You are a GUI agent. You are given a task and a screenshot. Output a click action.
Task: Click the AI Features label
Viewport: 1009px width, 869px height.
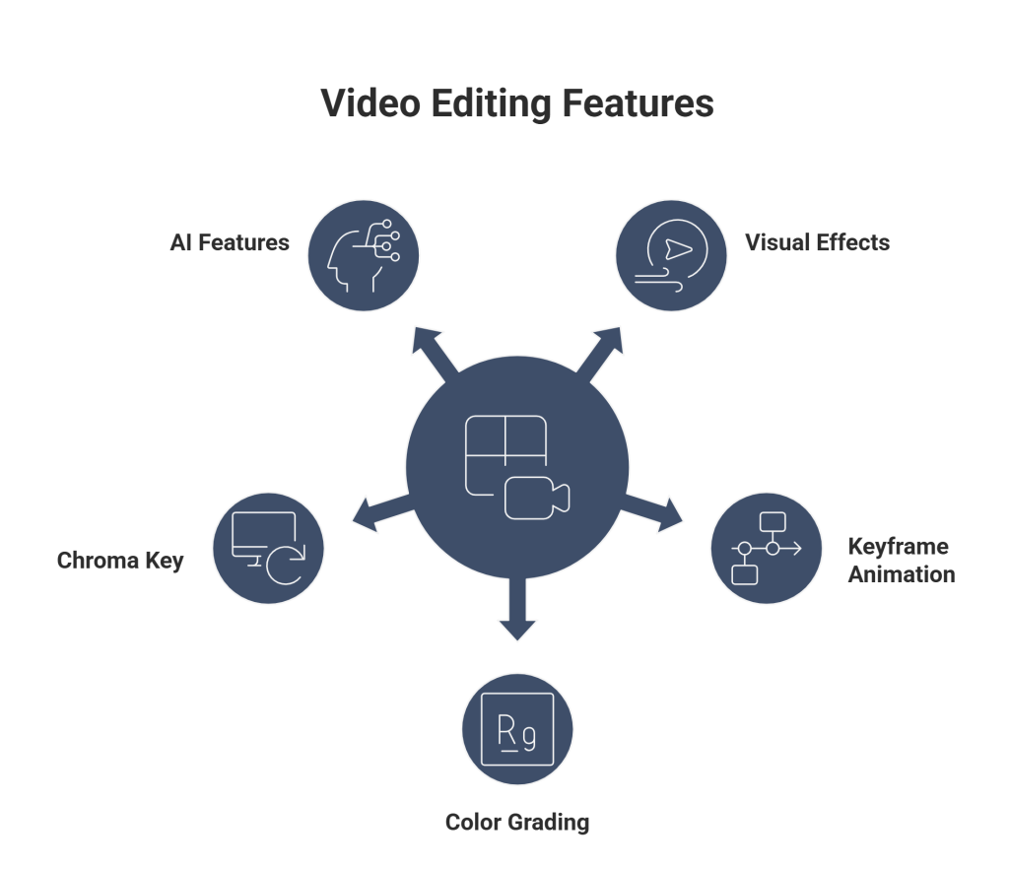(x=230, y=242)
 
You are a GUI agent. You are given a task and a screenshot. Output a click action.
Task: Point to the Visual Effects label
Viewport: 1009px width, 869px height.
(x=818, y=242)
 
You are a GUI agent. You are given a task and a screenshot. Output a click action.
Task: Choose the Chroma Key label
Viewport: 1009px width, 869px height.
(x=120, y=562)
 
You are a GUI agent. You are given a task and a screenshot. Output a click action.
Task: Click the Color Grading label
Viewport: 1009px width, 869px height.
(x=517, y=822)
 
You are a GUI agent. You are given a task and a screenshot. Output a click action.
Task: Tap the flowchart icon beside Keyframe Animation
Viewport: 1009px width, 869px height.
(x=768, y=548)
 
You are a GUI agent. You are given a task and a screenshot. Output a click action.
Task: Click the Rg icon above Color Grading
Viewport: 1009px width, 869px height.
(x=517, y=734)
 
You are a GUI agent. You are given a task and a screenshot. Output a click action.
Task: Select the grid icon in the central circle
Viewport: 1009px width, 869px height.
(x=504, y=453)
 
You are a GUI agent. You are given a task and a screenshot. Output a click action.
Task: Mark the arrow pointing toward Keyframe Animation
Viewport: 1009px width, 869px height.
(x=660, y=508)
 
